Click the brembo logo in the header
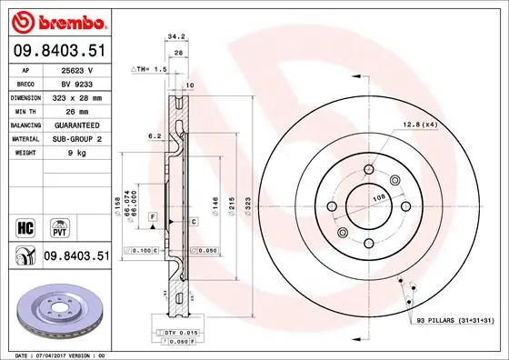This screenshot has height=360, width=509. (x=56, y=21)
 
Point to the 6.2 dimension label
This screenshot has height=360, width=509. (x=156, y=136)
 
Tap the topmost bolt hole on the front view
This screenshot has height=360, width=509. (x=369, y=168)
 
